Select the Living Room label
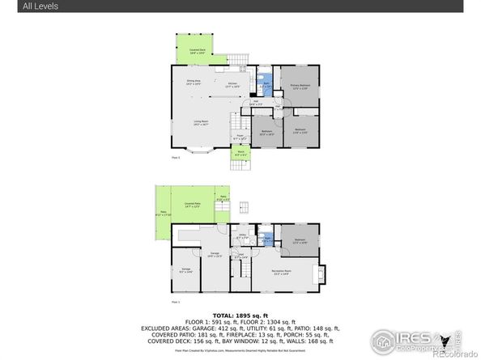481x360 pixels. point(201,123)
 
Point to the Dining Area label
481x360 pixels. point(193,83)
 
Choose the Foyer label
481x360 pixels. point(240,137)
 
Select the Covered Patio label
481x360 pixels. point(192,205)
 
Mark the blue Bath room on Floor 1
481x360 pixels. point(267,239)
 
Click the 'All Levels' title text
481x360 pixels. point(19,6)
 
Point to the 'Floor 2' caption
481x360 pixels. point(176,158)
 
